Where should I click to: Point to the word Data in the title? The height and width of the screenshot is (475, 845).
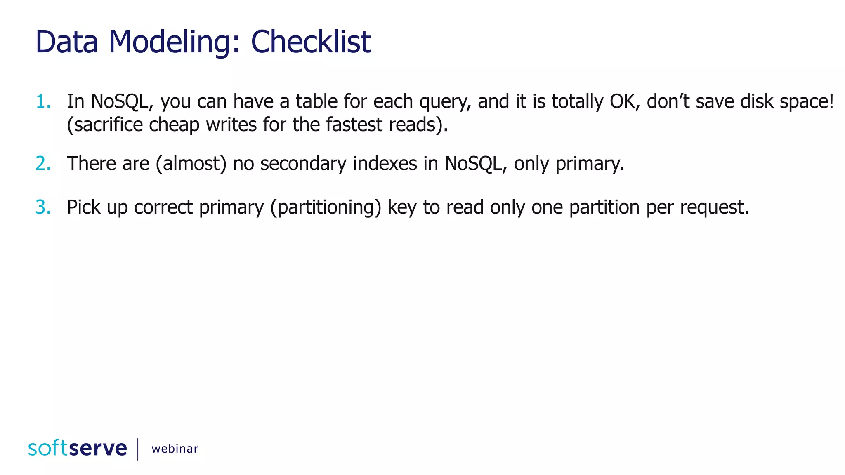[67, 42]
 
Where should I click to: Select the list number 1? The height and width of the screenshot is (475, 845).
[43, 101]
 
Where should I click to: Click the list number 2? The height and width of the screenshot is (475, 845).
[43, 164]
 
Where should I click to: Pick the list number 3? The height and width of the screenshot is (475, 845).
[43, 207]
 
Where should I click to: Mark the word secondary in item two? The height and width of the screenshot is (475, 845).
[303, 164]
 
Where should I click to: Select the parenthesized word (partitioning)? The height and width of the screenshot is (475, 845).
[326, 207]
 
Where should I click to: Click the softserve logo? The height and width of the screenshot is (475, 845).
[78, 448]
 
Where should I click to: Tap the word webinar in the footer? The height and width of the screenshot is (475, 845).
[175, 449]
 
